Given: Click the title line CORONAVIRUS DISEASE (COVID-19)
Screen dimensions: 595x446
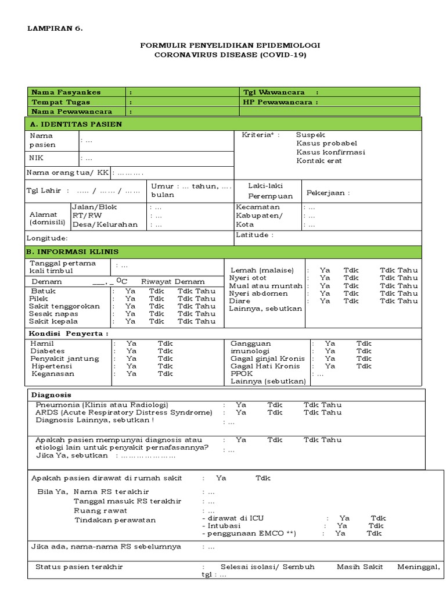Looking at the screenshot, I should tap(230, 55).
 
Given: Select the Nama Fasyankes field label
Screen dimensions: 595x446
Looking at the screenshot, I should tap(66, 92).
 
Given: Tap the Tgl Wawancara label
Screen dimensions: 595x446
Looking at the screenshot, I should tap(276, 92).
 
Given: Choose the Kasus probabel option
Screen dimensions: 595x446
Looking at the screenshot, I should tap(326, 143).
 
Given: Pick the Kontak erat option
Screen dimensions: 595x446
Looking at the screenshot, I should tap(319, 160).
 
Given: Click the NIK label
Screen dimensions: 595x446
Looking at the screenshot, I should tap(37, 157).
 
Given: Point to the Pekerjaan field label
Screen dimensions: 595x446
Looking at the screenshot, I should tap(328, 193).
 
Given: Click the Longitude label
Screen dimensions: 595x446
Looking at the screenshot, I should tap(47, 238).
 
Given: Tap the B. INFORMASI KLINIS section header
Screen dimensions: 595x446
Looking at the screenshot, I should tap(72, 252).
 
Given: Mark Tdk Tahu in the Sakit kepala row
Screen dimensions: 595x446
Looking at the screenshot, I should tap(196, 321).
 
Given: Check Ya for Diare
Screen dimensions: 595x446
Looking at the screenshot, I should tap(325, 301).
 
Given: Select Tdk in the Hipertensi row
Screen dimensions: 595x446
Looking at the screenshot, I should tap(165, 366).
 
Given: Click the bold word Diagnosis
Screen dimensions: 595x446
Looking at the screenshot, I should tap(51, 394).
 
